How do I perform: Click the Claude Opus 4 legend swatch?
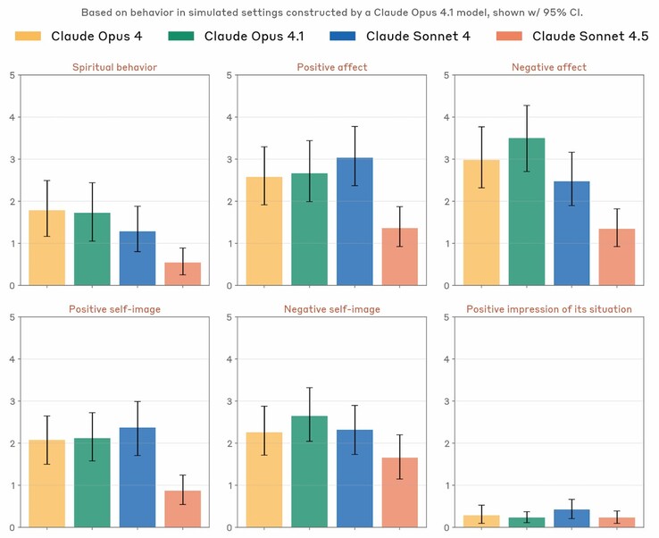[29, 37]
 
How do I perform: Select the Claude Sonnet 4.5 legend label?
[590, 37]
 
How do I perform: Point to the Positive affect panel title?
[333, 67]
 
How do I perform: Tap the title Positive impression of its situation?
[549, 309]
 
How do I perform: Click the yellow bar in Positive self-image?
[46, 483]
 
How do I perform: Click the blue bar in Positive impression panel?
[571, 518]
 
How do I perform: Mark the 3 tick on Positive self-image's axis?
[12, 401]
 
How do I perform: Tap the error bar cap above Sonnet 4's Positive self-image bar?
[138, 401]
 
